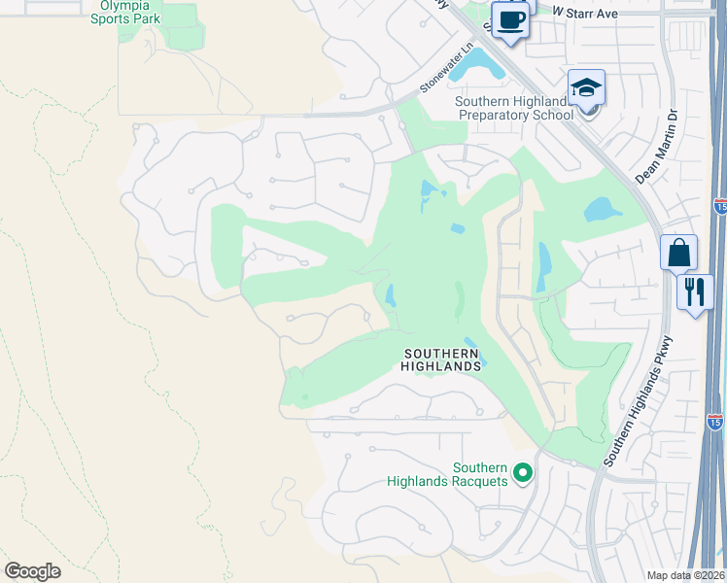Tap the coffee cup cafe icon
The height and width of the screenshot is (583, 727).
pyautogui.click(x=510, y=19)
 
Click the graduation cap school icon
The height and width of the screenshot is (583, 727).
pyautogui.click(x=587, y=89)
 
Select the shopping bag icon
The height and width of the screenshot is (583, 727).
pyautogui.click(x=678, y=253)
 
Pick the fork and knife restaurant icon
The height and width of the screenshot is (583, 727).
pyautogui.click(x=694, y=291)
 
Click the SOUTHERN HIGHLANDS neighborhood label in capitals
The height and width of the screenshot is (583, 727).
pyautogui.click(x=442, y=360)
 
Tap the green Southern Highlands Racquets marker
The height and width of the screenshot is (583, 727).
pyautogui.click(x=523, y=473)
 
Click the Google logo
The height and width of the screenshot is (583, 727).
pyautogui.click(x=32, y=571)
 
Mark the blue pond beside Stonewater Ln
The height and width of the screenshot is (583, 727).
pyautogui.click(x=475, y=64)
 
